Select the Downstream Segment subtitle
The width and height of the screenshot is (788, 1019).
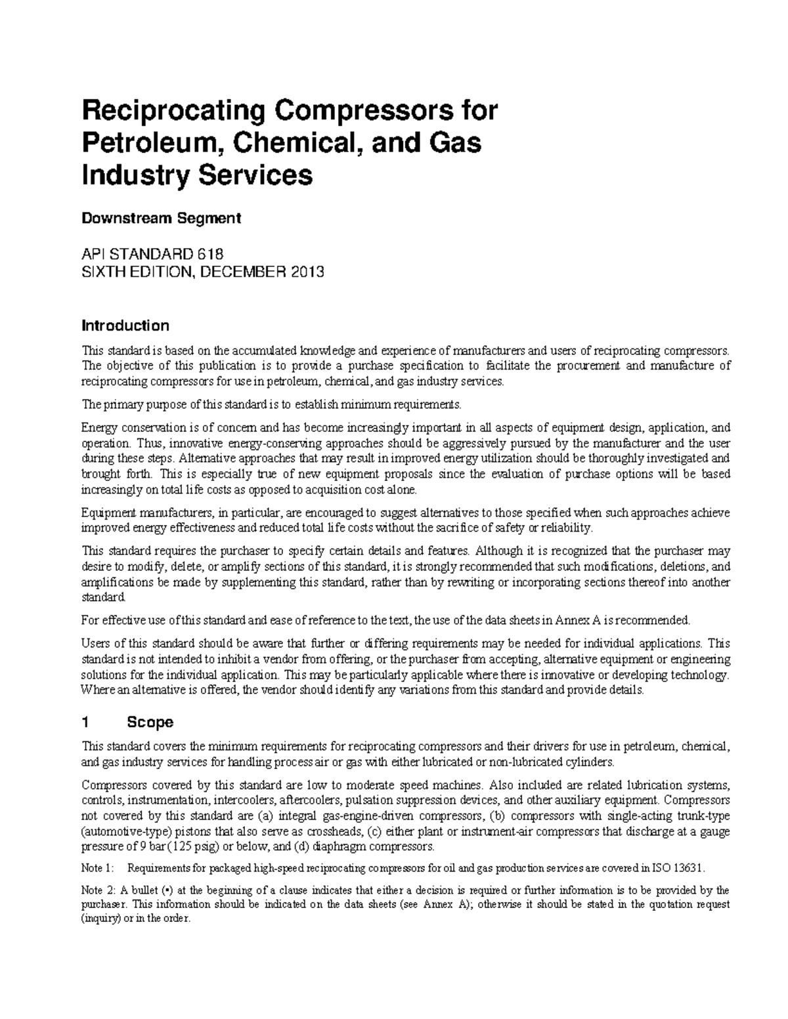(161, 218)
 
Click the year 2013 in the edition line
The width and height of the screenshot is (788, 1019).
(305, 272)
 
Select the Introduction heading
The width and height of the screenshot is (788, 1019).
(125, 326)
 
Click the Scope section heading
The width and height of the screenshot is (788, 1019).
(150, 722)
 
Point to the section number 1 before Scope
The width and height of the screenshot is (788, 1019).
(85, 722)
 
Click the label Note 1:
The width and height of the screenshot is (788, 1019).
(97, 869)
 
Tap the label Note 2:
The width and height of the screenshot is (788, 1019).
(97, 891)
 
